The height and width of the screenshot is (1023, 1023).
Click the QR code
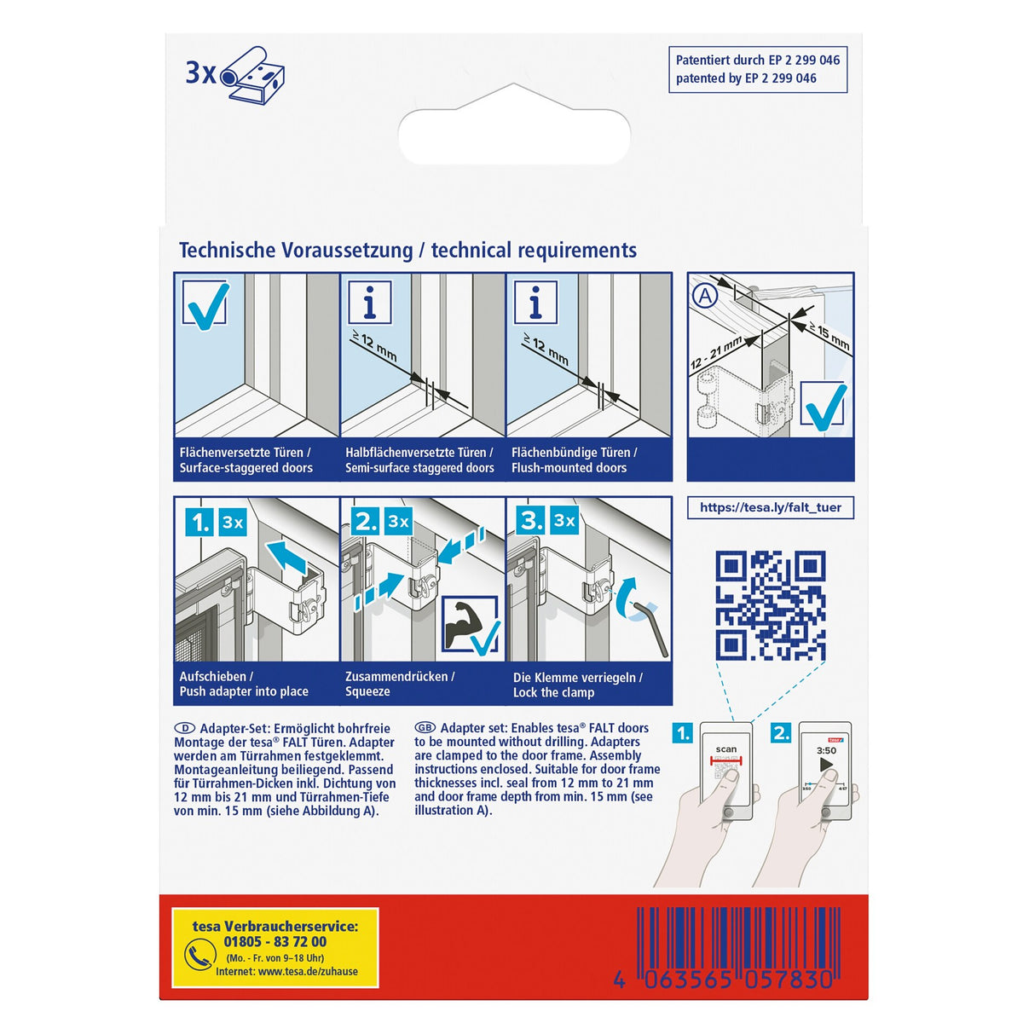[x=771, y=605]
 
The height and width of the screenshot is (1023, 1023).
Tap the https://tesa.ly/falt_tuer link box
[x=771, y=507]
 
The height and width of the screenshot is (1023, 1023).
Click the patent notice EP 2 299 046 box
[x=758, y=70]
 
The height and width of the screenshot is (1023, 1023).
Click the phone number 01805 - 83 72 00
[x=275, y=942]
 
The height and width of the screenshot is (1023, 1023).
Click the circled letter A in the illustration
[x=706, y=296]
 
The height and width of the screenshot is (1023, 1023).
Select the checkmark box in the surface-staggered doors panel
[x=205, y=303]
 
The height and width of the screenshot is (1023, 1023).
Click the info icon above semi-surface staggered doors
[x=369, y=302]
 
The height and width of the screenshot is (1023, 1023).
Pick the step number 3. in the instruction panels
[x=530, y=521]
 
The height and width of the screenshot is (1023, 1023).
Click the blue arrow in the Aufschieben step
[x=286, y=558]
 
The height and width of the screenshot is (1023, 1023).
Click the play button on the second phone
[x=827, y=765]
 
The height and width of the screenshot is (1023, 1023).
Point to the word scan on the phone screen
[x=725, y=749]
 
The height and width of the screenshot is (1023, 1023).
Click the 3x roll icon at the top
[x=235, y=75]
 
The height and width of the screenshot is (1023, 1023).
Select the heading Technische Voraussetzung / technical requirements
[x=407, y=250]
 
